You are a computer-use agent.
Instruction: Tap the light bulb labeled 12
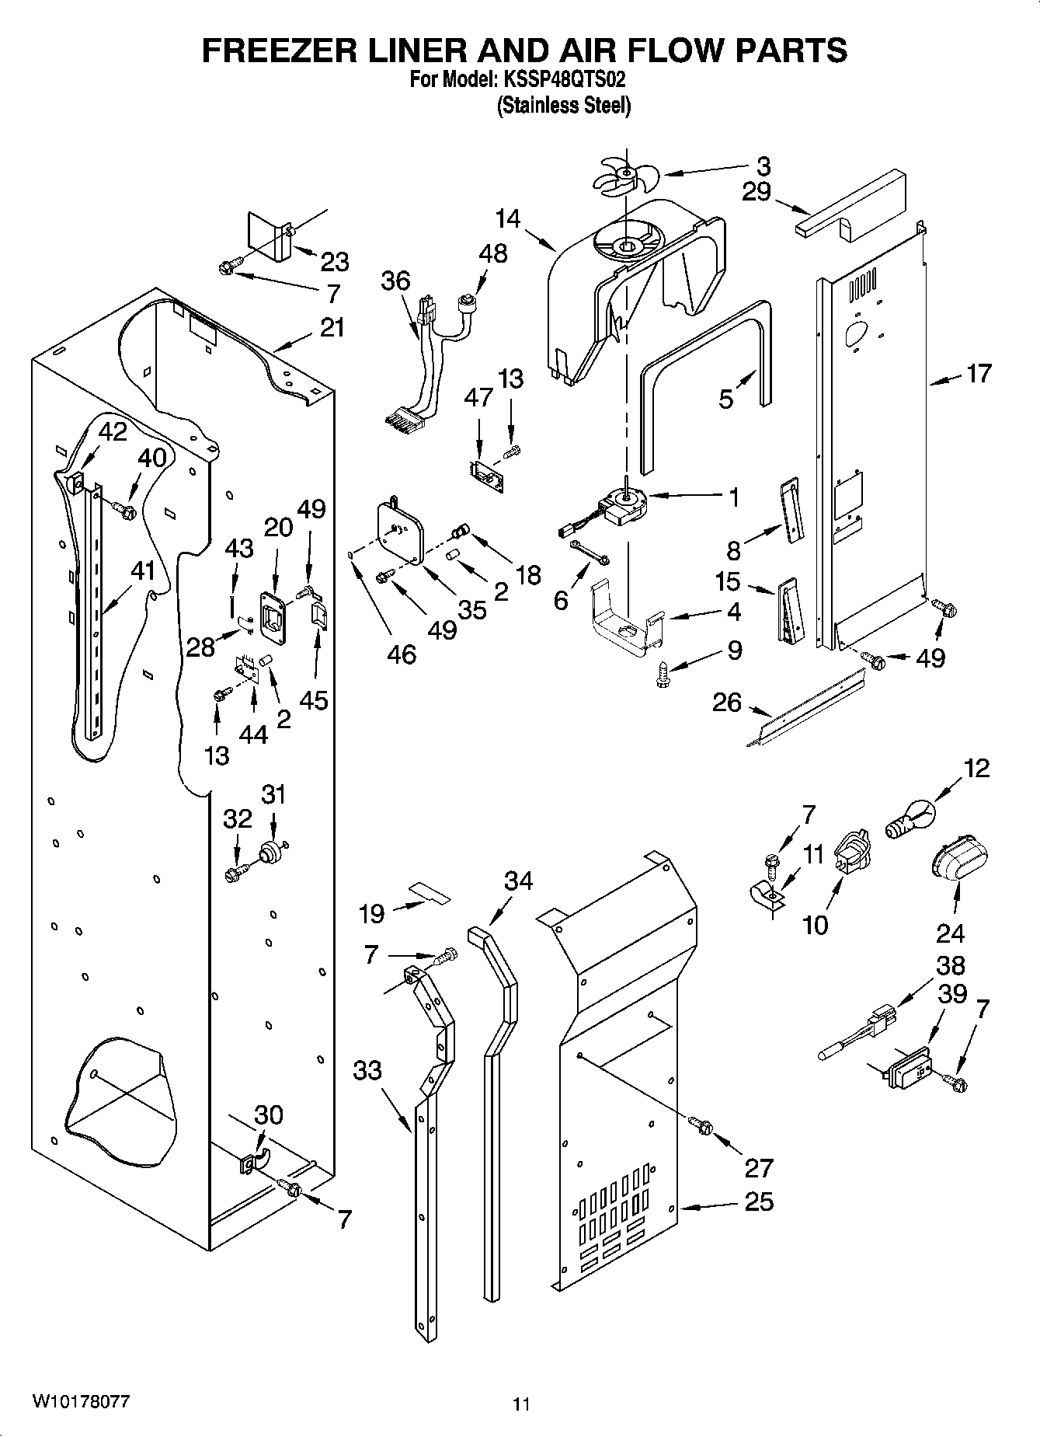[911, 821]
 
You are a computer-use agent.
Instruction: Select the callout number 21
[332, 327]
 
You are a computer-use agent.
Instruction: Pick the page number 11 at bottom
[520, 1404]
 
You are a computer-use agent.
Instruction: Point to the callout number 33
[367, 1070]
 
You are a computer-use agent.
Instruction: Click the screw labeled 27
[701, 1125]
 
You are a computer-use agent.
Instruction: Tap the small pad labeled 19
[430, 892]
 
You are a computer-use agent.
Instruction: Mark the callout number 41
[143, 571]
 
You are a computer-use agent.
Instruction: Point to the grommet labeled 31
[271, 851]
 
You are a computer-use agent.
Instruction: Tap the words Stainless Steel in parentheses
[564, 105]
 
